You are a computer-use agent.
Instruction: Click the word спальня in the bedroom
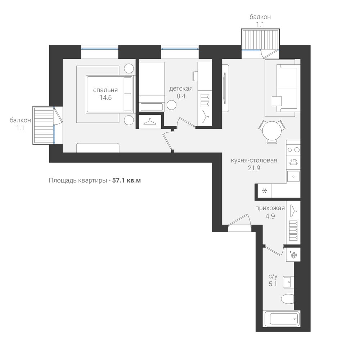pyautogui.click(x=105, y=90)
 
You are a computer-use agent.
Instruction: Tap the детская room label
pyautogui.click(x=181, y=89)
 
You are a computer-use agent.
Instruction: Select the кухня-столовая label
pyautogui.click(x=254, y=160)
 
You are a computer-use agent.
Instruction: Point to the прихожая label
pyautogui.click(x=270, y=208)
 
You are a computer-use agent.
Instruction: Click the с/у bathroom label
pyautogui.click(x=273, y=276)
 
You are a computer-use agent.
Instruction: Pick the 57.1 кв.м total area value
pyautogui.click(x=126, y=180)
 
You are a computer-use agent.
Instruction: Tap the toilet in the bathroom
pyautogui.click(x=287, y=299)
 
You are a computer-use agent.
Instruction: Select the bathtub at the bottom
pyautogui.click(x=282, y=319)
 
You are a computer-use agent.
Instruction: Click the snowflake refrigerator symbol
pyautogui.click(x=265, y=190)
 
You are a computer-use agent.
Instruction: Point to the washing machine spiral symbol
pyautogui.click(x=293, y=255)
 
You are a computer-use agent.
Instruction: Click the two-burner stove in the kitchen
pyautogui.click(x=293, y=150)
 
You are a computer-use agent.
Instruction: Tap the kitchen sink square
pyautogui.click(x=293, y=176)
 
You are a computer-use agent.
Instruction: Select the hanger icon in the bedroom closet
pyautogui.click(x=150, y=122)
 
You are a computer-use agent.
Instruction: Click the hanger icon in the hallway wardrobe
pyautogui.click(x=293, y=210)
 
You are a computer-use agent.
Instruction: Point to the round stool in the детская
pyautogui.click(x=171, y=105)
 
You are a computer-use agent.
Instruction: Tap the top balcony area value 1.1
pyautogui.click(x=260, y=24)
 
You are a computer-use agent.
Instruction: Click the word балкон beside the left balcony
pyautogui.click(x=20, y=120)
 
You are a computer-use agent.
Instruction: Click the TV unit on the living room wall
pyautogui.click(x=225, y=88)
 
